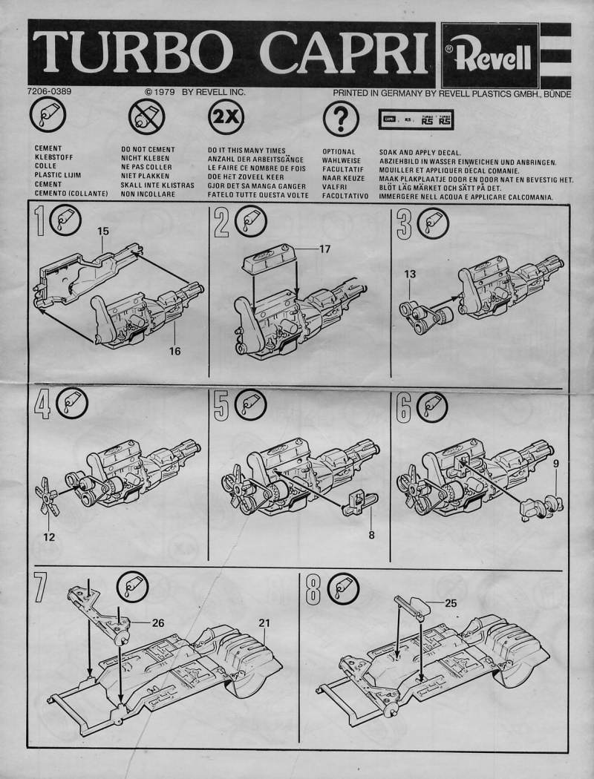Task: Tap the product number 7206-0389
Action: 51,92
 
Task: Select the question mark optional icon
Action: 341,118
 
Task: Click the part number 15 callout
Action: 103,231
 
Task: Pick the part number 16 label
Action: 174,351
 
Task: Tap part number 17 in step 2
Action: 324,249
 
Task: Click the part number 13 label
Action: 410,274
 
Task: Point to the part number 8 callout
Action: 371,534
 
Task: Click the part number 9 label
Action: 555,463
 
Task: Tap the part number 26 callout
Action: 157,622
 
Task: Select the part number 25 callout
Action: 451,603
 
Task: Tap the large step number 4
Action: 43,405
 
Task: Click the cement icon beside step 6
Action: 432,404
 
